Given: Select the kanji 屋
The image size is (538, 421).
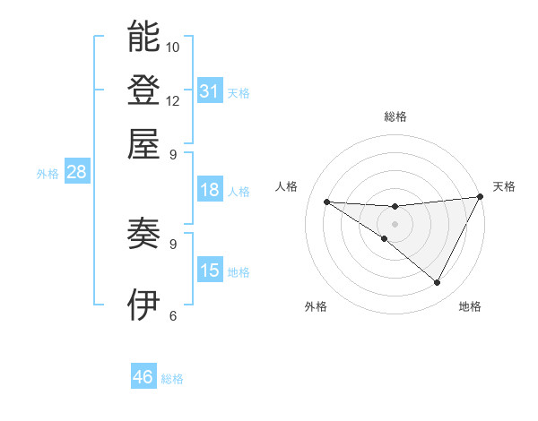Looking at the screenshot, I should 143,143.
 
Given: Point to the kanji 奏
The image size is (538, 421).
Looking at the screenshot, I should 143,234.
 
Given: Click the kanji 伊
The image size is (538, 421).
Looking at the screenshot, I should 143,305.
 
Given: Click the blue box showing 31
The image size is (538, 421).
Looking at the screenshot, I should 210,90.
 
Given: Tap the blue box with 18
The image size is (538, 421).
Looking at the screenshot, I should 210,190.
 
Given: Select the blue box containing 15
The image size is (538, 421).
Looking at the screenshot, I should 210,271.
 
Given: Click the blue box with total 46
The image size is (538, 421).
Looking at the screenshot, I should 143,377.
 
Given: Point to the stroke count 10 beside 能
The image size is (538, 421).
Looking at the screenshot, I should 173,47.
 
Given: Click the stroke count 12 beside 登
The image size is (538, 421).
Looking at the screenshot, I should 173,100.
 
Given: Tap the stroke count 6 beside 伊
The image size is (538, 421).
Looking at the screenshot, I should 173,315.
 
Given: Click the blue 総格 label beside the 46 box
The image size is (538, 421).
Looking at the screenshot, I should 172,379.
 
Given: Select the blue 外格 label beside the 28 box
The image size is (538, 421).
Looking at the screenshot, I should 48,175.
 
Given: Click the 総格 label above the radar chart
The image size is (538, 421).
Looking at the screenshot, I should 395,117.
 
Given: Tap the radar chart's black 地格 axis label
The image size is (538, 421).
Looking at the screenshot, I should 470,307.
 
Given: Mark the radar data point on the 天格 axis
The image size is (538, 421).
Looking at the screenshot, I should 481,196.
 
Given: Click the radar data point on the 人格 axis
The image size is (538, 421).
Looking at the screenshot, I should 326,202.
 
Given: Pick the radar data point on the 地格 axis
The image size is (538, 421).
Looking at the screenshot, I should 438,283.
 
